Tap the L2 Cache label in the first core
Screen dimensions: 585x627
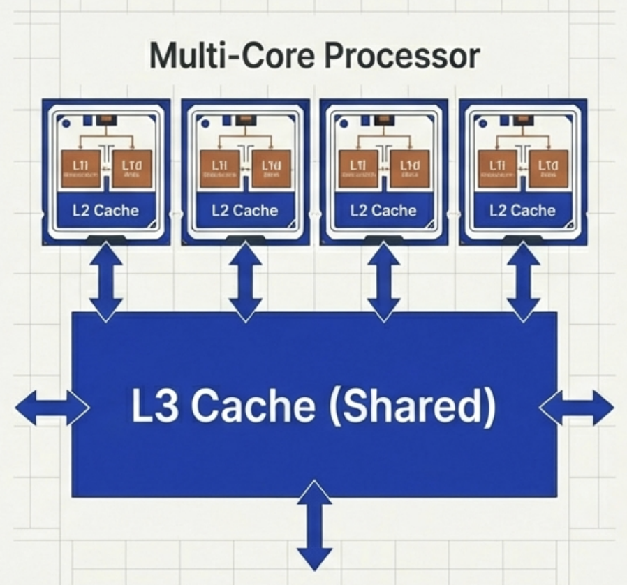pos(106,210)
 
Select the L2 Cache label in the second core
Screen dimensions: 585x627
pos(244,210)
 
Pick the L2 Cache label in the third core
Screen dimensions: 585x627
pos(383,210)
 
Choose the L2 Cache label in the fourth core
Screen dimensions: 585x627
pos(523,210)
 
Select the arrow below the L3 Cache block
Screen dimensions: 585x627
pos(314,524)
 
